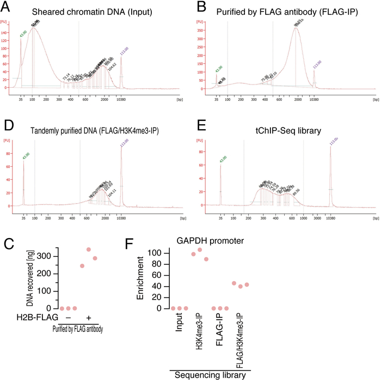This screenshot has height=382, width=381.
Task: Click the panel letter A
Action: coord(9,7)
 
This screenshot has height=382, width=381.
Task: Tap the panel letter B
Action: coord(200,7)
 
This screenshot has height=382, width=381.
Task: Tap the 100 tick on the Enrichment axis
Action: coord(157,253)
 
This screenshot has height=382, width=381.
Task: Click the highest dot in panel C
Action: coord(88,250)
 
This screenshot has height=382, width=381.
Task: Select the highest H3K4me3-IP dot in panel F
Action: coord(199,250)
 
